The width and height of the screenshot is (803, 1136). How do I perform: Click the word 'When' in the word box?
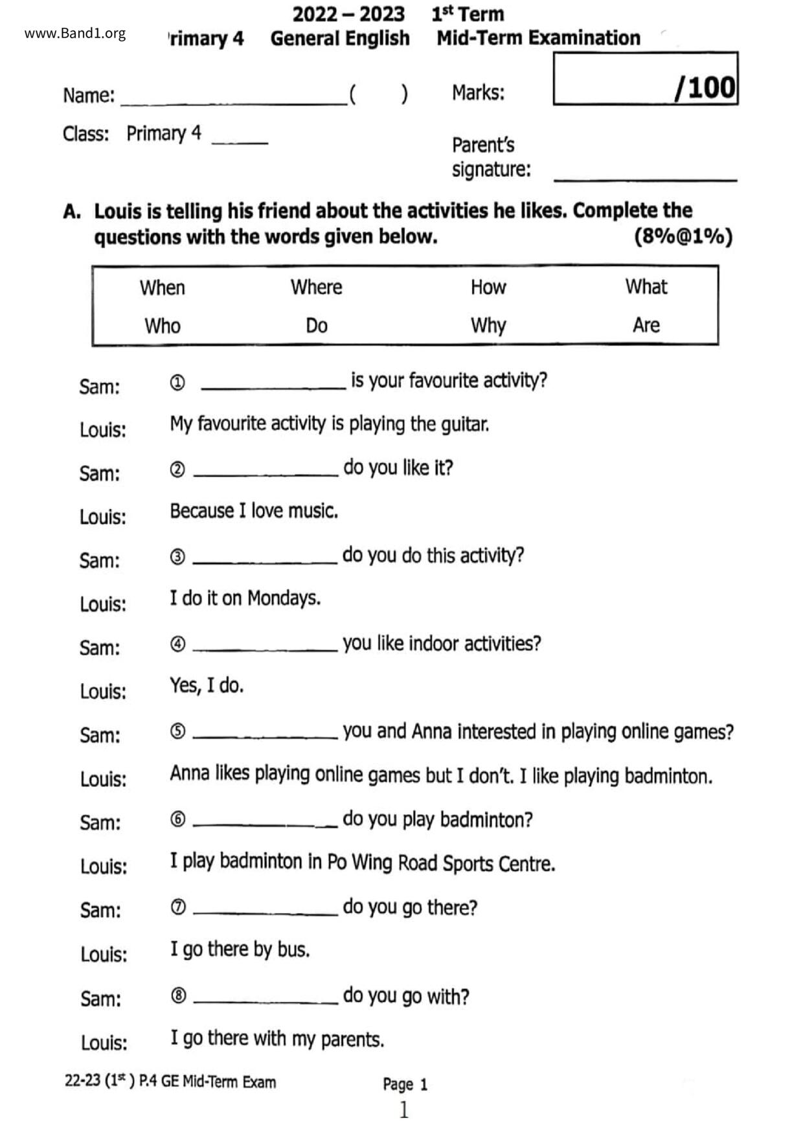pyautogui.click(x=163, y=288)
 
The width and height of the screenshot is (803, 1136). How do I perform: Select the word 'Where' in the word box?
pyautogui.click(x=316, y=287)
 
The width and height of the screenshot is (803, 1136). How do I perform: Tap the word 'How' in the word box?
pyautogui.click(x=488, y=287)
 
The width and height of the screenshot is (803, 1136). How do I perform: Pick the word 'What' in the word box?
pyautogui.click(x=646, y=286)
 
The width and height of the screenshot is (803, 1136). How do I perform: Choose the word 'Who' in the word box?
pyautogui.click(x=163, y=326)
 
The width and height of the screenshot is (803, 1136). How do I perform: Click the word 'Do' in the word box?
pyautogui.click(x=316, y=325)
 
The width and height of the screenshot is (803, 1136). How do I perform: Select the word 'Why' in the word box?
pyautogui.click(x=488, y=325)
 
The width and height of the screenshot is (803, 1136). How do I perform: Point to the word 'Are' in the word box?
pyautogui.click(x=646, y=324)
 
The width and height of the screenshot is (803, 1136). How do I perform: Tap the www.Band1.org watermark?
pyautogui.click(x=75, y=34)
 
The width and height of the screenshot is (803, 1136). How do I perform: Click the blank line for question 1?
pyautogui.click(x=273, y=387)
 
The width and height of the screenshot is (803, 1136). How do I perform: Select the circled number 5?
pyautogui.click(x=178, y=731)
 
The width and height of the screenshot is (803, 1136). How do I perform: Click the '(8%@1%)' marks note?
pyautogui.click(x=683, y=236)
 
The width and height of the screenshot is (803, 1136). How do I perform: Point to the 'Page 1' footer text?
pyautogui.click(x=405, y=1084)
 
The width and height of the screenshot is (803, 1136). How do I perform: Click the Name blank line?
pyautogui.click(x=233, y=102)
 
